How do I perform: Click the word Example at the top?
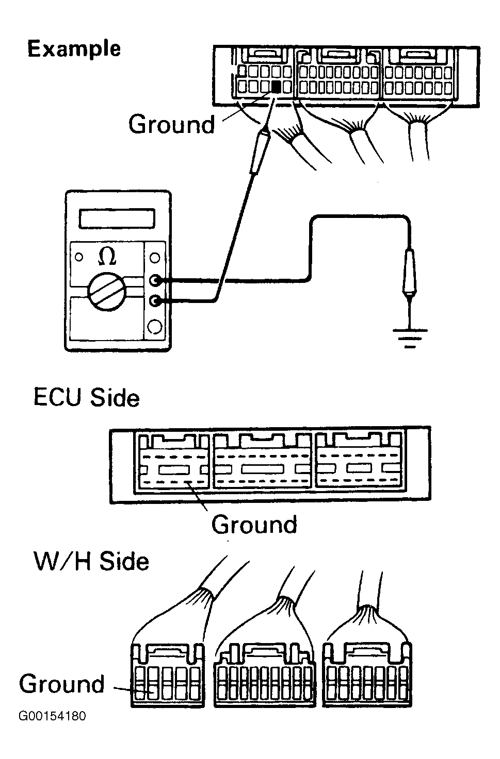tap(74, 49)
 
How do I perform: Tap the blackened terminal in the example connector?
tap(277, 87)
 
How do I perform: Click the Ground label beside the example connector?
tap(171, 125)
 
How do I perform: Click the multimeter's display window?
tap(116, 218)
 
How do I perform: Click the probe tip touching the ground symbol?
tap(409, 298)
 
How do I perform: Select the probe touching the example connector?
tap(258, 152)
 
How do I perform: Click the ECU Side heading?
tap(86, 398)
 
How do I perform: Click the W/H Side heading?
tap(91, 561)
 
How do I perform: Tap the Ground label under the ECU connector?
tap(254, 525)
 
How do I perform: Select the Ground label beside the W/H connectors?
tap(62, 684)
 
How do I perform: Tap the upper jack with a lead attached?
tap(155, 281)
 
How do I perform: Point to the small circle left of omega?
tap(79, 256)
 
